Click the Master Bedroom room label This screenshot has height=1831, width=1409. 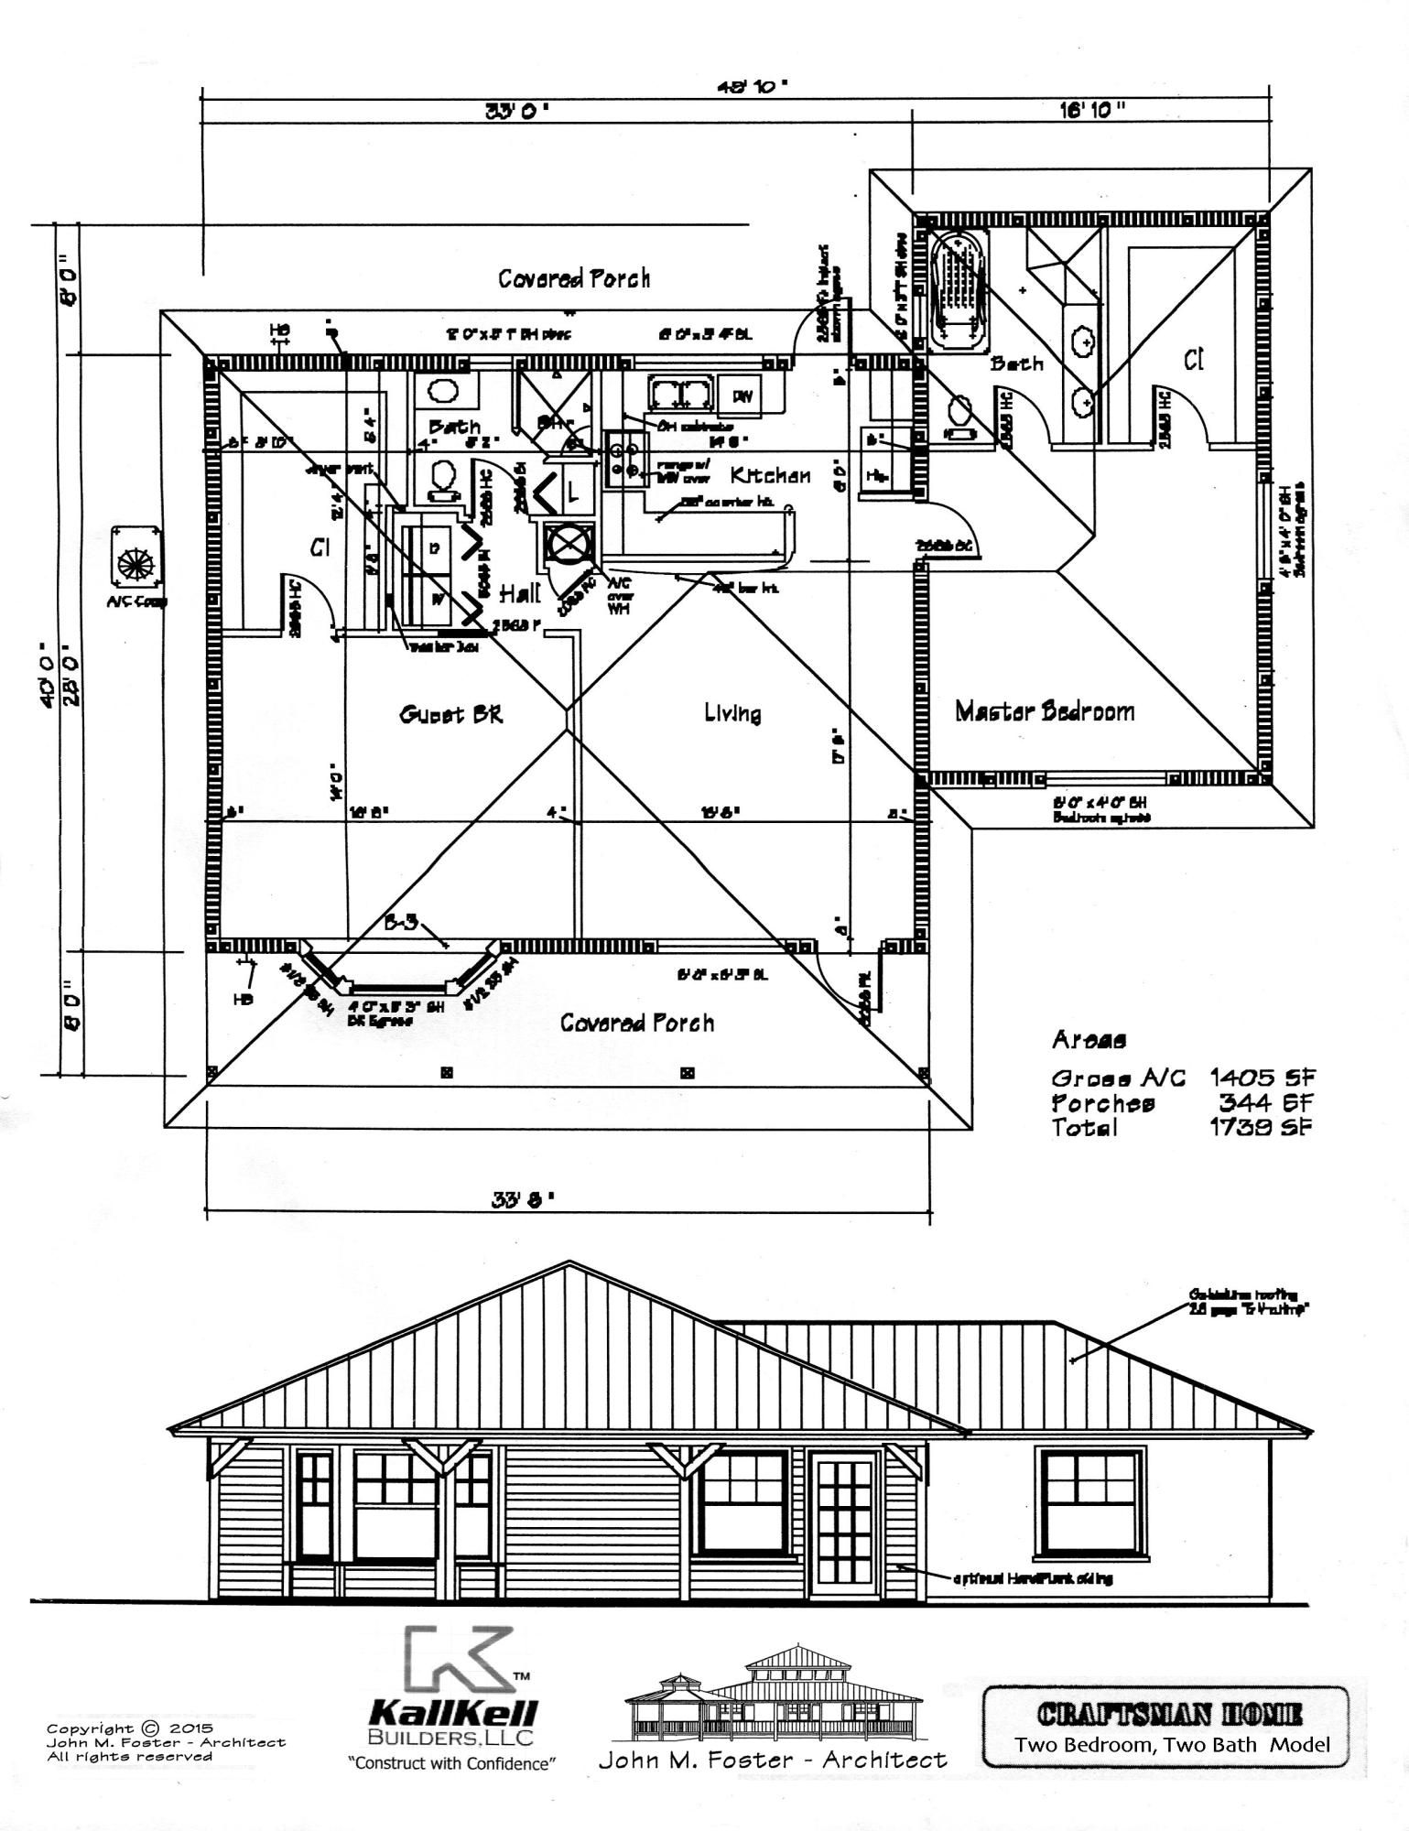pos(1045,711)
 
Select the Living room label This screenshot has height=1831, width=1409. pos(732,712)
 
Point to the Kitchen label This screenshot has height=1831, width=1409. pos(770,475)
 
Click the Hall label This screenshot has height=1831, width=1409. pos(520,594)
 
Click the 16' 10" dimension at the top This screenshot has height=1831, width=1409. pos(1092,110)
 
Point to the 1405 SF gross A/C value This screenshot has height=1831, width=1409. pos(1260,1078)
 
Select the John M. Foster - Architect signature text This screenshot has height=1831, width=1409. pos(773,1760)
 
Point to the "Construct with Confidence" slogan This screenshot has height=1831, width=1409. pos(452,1763)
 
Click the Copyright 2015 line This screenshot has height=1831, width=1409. pos(129,1728)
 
